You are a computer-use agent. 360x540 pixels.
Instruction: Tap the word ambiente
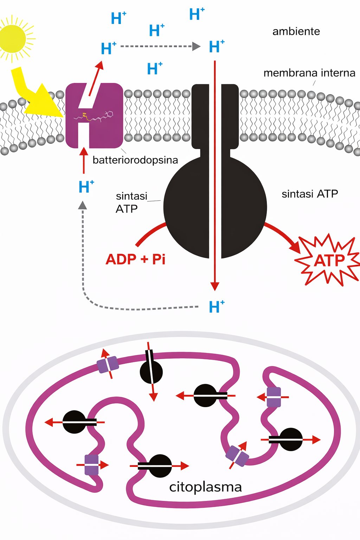tap(296, 31)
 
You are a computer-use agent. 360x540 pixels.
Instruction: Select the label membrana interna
tap(309, 73)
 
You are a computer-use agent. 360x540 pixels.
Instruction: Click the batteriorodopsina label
tap(135, 160)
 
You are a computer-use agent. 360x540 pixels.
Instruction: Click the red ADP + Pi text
tap(135, 259)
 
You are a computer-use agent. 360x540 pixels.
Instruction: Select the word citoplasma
tap(205, 487)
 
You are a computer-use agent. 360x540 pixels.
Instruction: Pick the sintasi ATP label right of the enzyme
tap(310, 194)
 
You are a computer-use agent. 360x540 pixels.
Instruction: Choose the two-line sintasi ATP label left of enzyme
tap(130, 202)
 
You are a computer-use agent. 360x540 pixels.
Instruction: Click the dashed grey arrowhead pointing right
tap(196, 46)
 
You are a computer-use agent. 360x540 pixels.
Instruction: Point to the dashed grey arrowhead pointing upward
tap(83, 205)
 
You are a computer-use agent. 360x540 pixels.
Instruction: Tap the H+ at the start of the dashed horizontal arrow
tap(108, 49)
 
